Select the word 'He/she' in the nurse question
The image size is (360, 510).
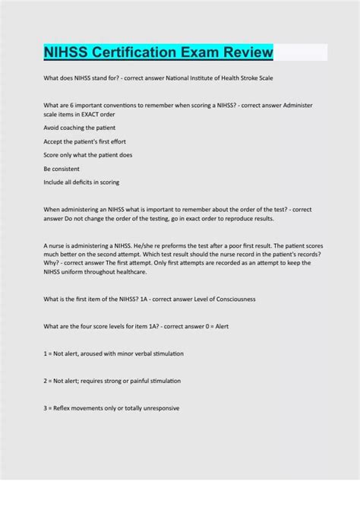point(141,245)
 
